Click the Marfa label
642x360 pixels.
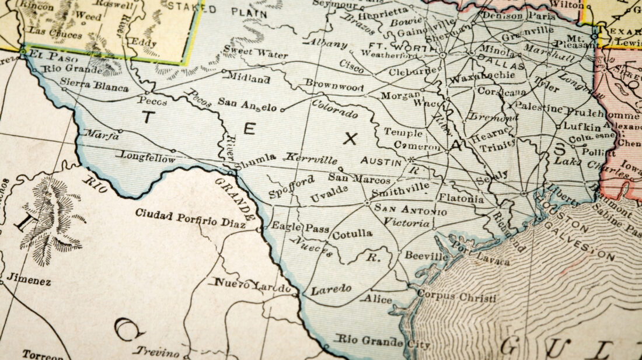coord(102,134)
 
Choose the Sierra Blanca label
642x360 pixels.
coord(94,85)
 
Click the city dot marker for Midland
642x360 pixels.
coord(224,71)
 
